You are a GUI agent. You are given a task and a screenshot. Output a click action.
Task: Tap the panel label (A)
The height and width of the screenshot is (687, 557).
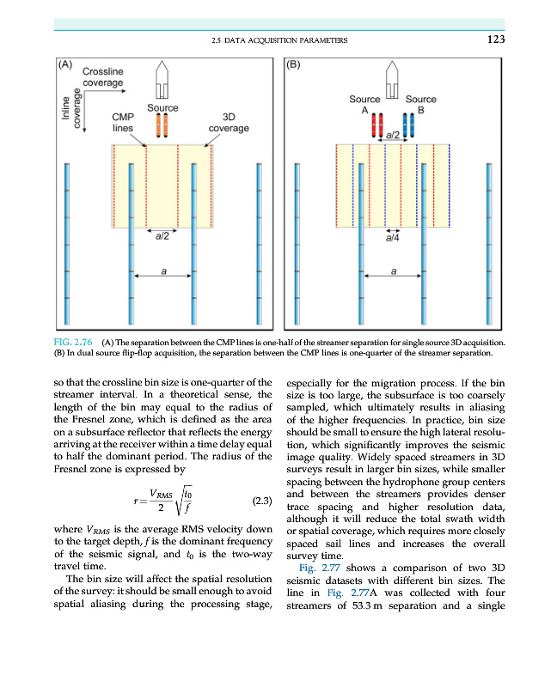(x=65, y=64)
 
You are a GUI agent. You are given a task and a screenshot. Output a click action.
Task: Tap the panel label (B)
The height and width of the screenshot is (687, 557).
(x=293, y=64)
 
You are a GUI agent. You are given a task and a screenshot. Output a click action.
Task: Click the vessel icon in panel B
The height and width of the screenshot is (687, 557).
(x=392, y=82)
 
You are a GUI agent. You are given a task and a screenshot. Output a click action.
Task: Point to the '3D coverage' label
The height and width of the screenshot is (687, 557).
(x=229, y=122)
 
